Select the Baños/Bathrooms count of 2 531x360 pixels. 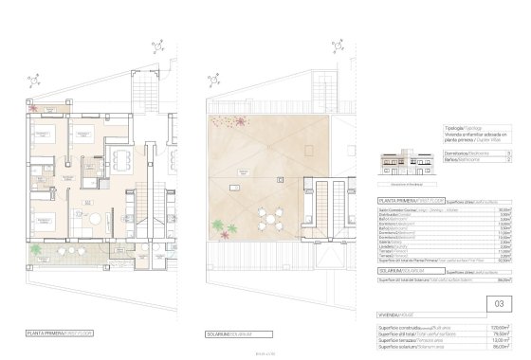511,159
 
